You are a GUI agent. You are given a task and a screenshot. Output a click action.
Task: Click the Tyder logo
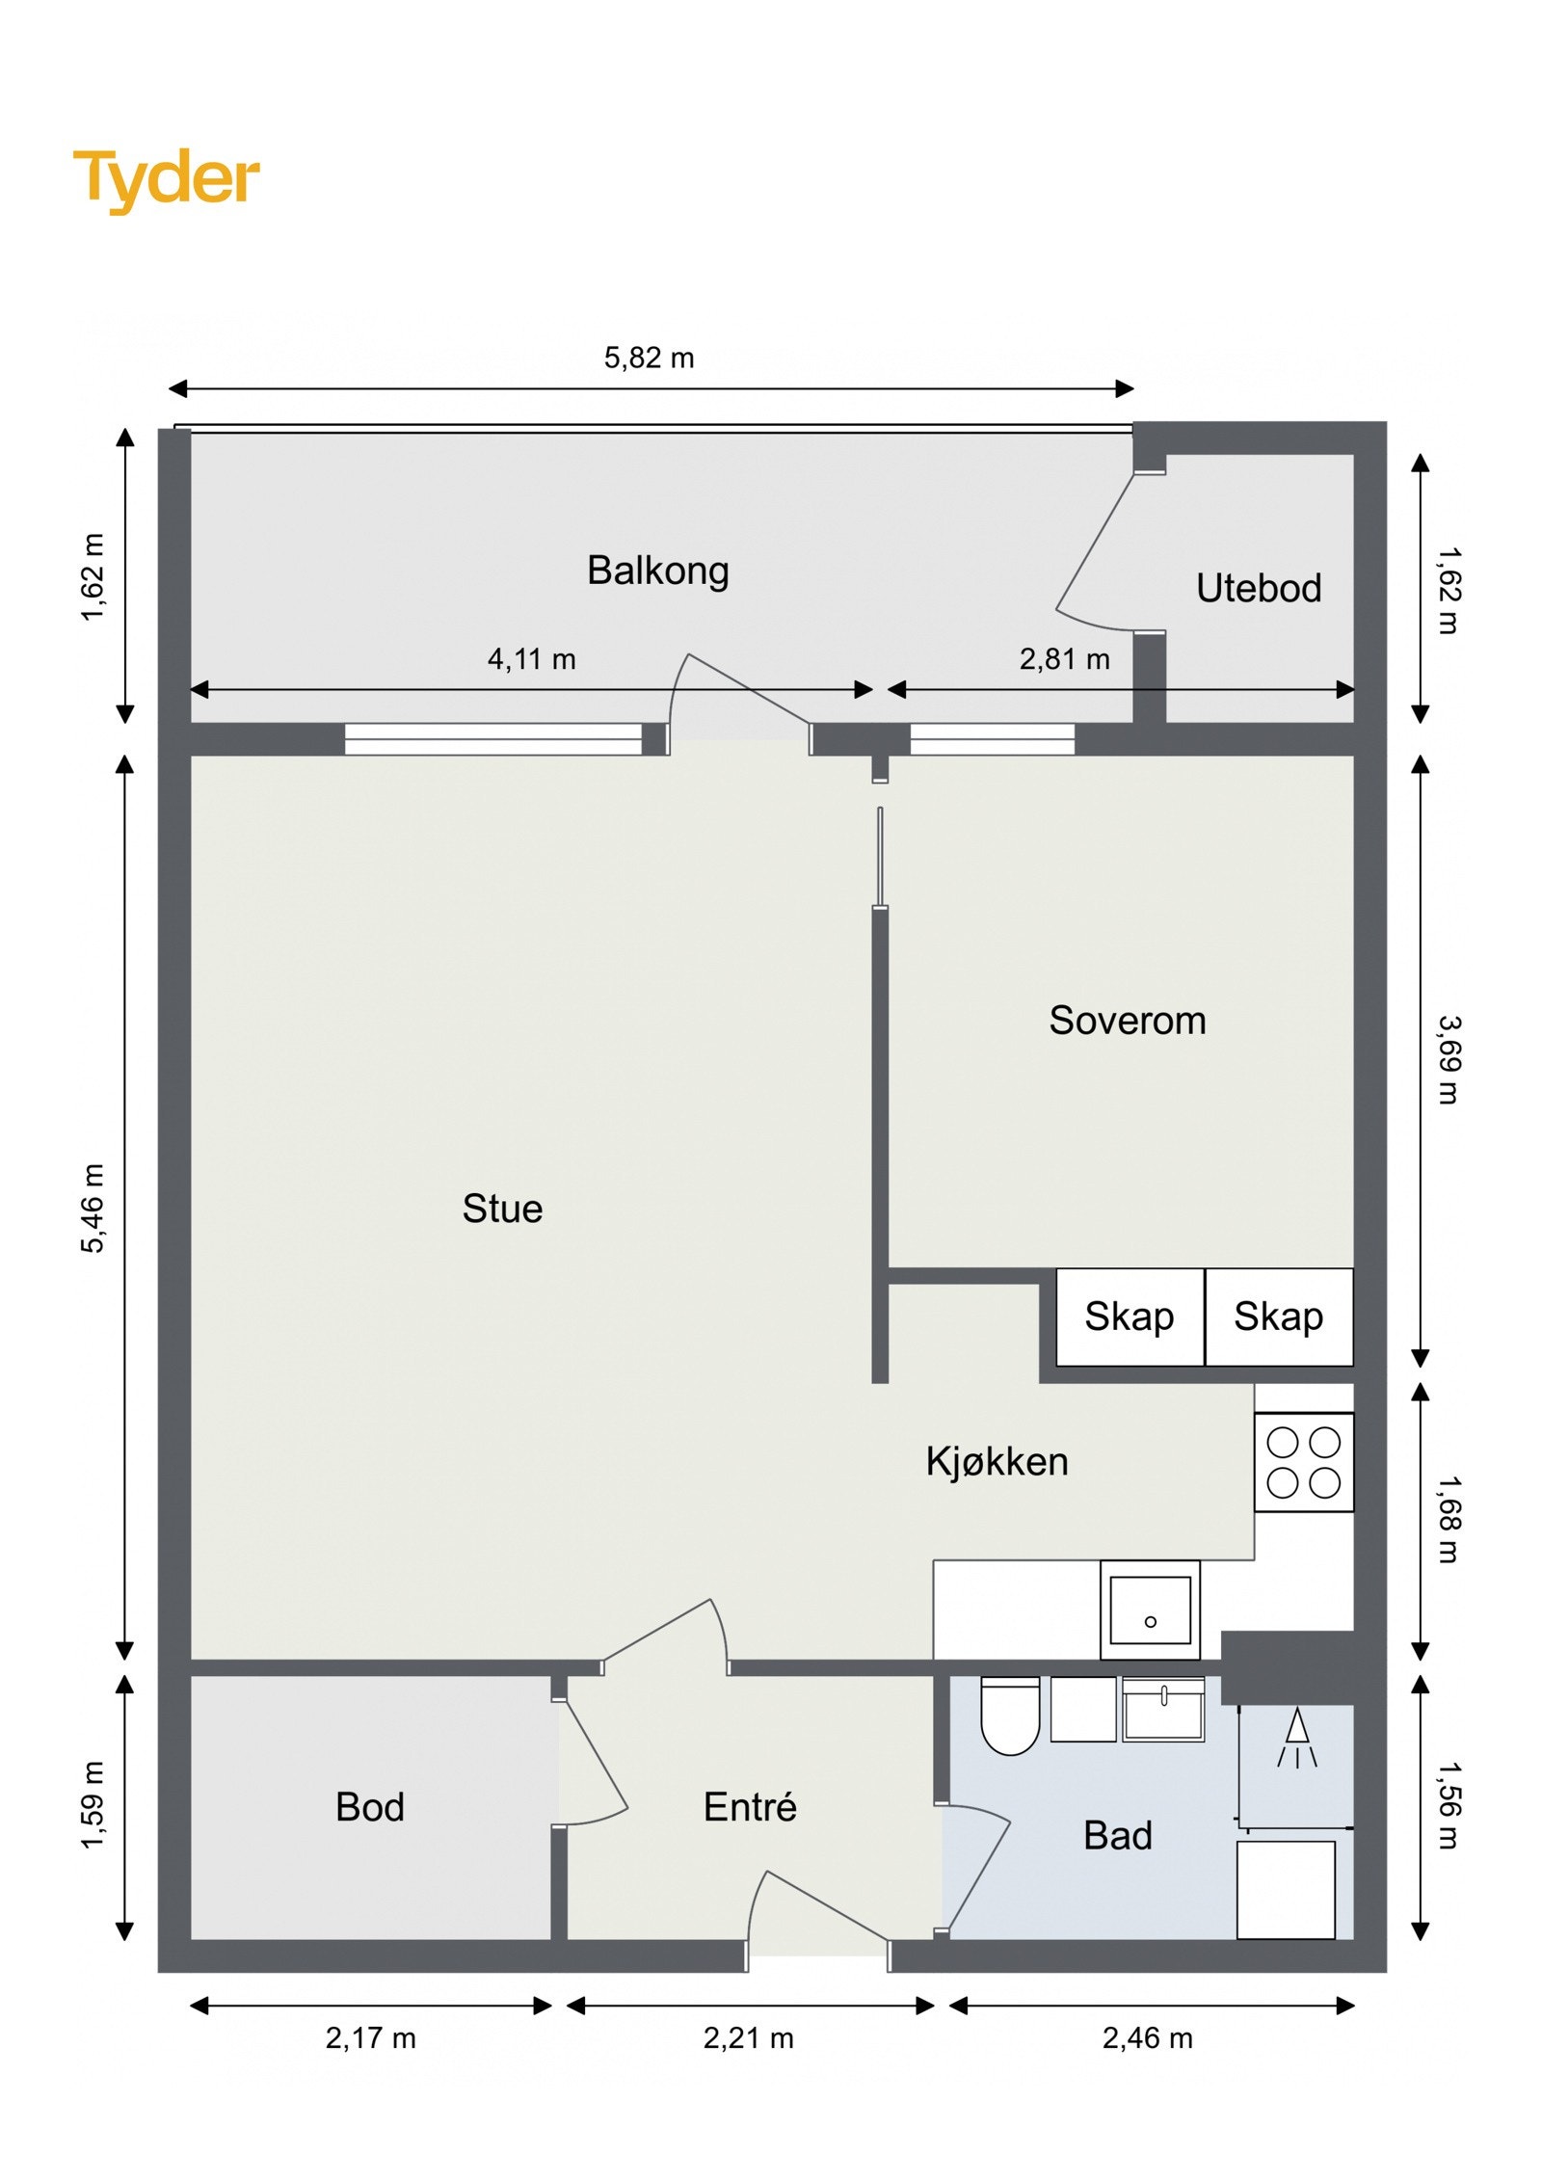click(x=166, y=179)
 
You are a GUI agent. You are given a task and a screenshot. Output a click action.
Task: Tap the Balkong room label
click(x=657, y=571)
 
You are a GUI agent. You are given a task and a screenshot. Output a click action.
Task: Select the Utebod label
click(x=1258, y=588)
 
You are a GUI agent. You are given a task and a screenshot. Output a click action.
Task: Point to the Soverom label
click(x=1127, y=1021)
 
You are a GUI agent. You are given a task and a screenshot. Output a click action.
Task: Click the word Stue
click(x=502, y=1209)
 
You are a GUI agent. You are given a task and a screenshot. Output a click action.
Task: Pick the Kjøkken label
click(x=997, y=1461)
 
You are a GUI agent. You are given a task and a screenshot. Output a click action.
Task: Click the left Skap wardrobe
click(x=1130, y=1317)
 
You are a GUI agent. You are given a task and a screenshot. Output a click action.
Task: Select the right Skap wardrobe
click(x=1279, y=1317)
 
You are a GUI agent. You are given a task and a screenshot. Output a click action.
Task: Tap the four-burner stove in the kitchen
click(x=1304, y=1462)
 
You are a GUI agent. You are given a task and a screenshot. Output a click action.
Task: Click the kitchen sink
click(x=1150, y=1609)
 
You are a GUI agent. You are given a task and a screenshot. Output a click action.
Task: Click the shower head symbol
click(x=1297, y=1738)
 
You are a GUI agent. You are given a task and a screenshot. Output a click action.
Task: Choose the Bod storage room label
click(x=370, y=1807)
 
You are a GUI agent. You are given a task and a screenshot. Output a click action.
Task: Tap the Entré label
click(x=750, y=1807)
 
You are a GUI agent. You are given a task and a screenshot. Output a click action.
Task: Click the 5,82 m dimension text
click(x=649, y=359)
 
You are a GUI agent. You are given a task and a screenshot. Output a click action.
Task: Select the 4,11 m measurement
click(x=531, y=659)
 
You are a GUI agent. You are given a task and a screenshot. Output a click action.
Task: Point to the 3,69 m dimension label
click(x=1449, y=1059)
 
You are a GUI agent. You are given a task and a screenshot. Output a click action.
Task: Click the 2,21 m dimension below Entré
click(x=748, y=2038)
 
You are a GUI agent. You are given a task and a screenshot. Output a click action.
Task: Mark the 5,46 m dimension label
click(x=93, y=1209)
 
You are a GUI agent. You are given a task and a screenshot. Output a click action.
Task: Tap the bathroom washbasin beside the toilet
click(x=1163, y=1709)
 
